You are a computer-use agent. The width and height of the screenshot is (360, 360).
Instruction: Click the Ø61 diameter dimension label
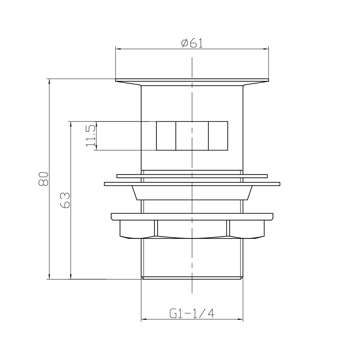pyautogui.click(x=192, y=43)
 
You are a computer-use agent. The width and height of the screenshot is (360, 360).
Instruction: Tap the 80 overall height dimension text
pyautogui.click(x=44, y=179)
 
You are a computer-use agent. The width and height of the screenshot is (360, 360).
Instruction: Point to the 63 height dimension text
pyautogui.click(x=65, y=200)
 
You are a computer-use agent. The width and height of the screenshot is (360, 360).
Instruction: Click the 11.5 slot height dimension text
pyautogui.click(x=90, y=136)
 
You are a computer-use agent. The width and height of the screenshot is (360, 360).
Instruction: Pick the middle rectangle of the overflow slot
pyautogui.click(x=192, y=136)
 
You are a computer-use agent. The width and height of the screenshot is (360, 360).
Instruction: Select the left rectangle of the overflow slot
pyautogui.click(x=166, y=136)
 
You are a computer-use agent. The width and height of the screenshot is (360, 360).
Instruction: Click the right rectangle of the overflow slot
pyautogui.click(x=218, y=136)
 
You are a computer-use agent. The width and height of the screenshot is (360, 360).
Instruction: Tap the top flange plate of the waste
pyautogui.click(x=192, y=80)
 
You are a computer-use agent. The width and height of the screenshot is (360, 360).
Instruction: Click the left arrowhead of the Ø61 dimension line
pyautogui.click(x=117, y=49)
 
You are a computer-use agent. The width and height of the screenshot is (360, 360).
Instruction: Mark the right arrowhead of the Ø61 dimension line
pyautogui.click(x=267, y=49)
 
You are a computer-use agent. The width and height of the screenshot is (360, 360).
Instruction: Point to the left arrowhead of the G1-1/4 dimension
pyautogui.click(x=143, y=319)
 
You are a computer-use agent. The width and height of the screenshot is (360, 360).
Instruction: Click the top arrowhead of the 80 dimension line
pyautogui.click(x=49, y=81)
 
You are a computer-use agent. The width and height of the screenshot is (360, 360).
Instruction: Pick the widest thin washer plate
pyautogui.click(x=192, y=184)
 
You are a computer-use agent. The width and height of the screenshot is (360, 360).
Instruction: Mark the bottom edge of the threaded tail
pyautogui.click(x=192, y=278)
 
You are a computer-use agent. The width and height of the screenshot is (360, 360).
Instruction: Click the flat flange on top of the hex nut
pyautogui.click(x=192, y=216)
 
